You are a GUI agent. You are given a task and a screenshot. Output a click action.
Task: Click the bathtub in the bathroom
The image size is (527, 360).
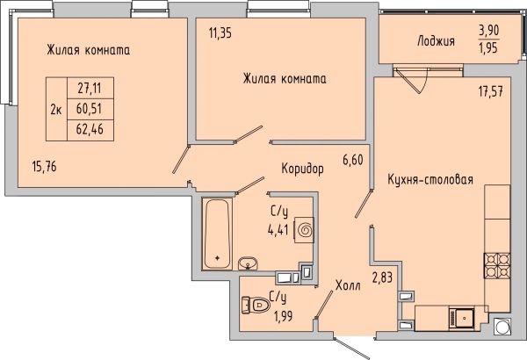coord(217,234)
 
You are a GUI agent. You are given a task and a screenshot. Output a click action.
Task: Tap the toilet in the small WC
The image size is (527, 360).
coord(256,305)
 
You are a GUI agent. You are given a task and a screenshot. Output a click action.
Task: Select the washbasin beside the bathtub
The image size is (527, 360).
coord(248,263)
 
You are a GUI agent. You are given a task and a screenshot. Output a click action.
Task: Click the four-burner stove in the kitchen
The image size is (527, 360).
coord(497,265)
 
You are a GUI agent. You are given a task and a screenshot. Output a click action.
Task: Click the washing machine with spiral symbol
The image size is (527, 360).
coord(305,230)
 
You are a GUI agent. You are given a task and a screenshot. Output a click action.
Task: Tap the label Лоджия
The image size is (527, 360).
coord(436,41)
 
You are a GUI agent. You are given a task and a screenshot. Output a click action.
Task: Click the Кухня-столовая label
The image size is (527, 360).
coord(430,179)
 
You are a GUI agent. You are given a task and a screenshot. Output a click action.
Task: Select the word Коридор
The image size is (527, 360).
coord(302,169)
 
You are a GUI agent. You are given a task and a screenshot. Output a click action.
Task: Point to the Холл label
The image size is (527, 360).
coord(348,285)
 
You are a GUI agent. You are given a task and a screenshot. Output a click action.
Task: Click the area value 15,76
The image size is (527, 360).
coord(45,167)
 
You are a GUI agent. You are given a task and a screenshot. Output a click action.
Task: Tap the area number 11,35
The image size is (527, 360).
coord(220,33)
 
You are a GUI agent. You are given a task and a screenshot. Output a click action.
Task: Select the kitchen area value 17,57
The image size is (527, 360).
coord(491,91)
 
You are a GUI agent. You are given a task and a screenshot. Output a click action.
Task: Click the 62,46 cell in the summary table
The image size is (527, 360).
coord(90,129)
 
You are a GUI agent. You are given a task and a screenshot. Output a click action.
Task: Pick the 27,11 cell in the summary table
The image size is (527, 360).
coord(90,89)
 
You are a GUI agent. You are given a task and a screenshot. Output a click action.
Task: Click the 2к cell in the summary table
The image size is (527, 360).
coord(56,109)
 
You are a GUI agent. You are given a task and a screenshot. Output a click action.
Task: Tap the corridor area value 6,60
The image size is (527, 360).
coord(353,160)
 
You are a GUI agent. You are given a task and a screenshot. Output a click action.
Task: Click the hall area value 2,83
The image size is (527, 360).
coord(382,278)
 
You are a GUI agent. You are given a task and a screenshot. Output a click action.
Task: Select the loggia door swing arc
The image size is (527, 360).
coord(424,82)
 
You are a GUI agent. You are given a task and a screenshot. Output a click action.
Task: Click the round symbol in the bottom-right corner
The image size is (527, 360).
coord(502,326)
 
